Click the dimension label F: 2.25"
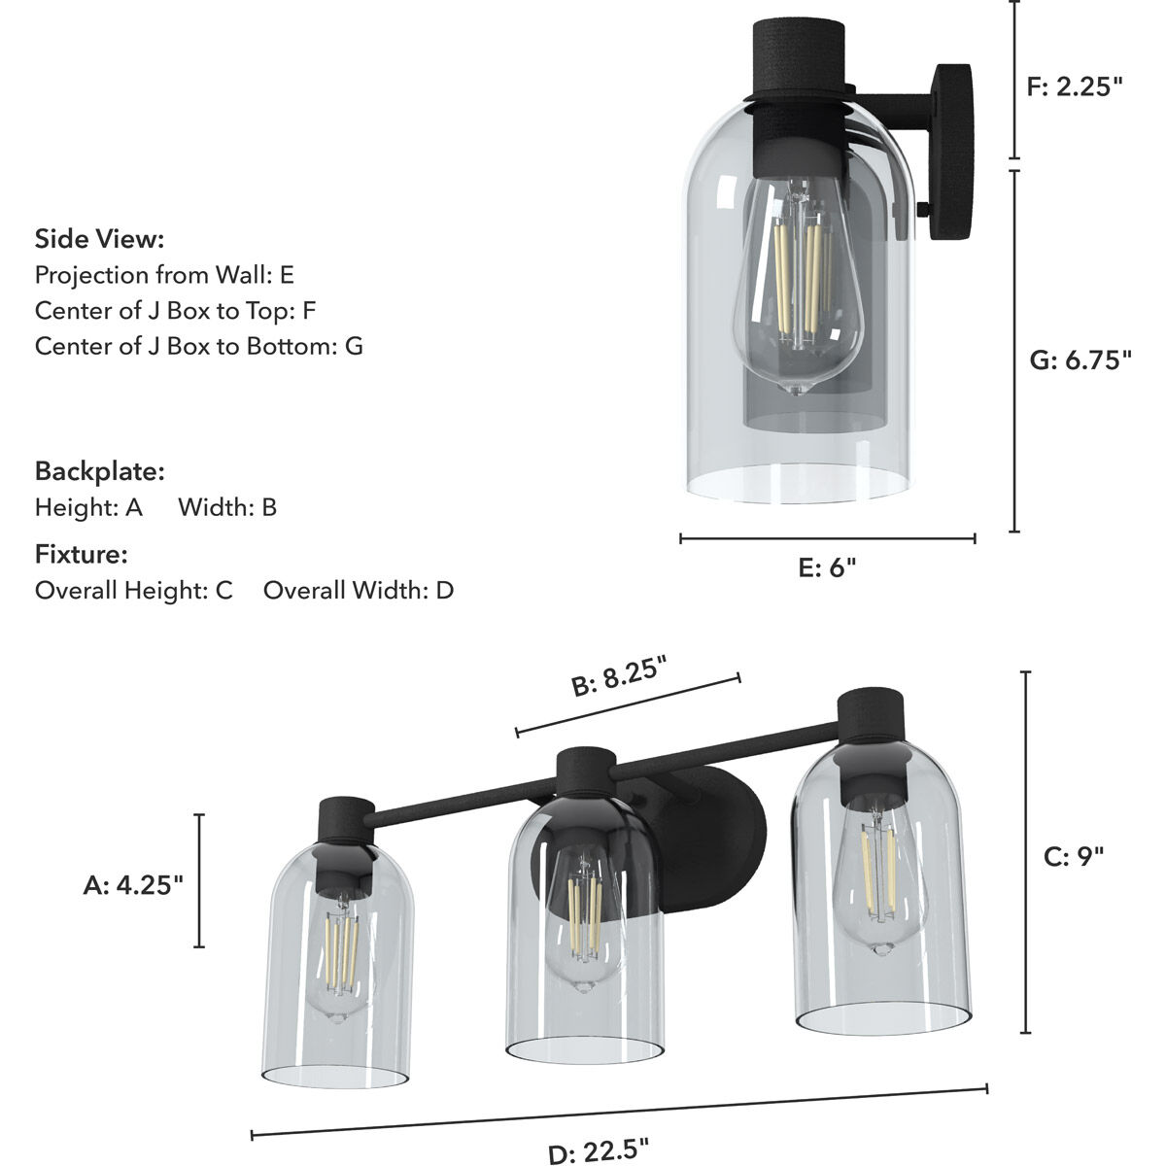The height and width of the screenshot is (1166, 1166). (1074, 86)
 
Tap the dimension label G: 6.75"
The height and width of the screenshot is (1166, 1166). (1080, 360)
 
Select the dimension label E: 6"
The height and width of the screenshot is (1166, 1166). (827, 567)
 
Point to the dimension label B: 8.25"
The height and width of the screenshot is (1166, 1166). (619, 677)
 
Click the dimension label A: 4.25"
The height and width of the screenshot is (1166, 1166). (133, 884)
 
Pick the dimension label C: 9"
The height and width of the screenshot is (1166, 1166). (1074, 856)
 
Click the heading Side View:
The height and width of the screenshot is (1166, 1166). (99, 239)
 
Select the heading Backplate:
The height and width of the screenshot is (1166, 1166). (99, 471)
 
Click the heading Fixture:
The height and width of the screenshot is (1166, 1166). (82, 555)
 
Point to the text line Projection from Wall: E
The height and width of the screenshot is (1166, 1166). (164, 275)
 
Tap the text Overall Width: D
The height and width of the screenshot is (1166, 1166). (358, 590)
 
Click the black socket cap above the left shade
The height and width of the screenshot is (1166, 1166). (347, 827)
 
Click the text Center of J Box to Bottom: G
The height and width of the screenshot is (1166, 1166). (199, 346)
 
